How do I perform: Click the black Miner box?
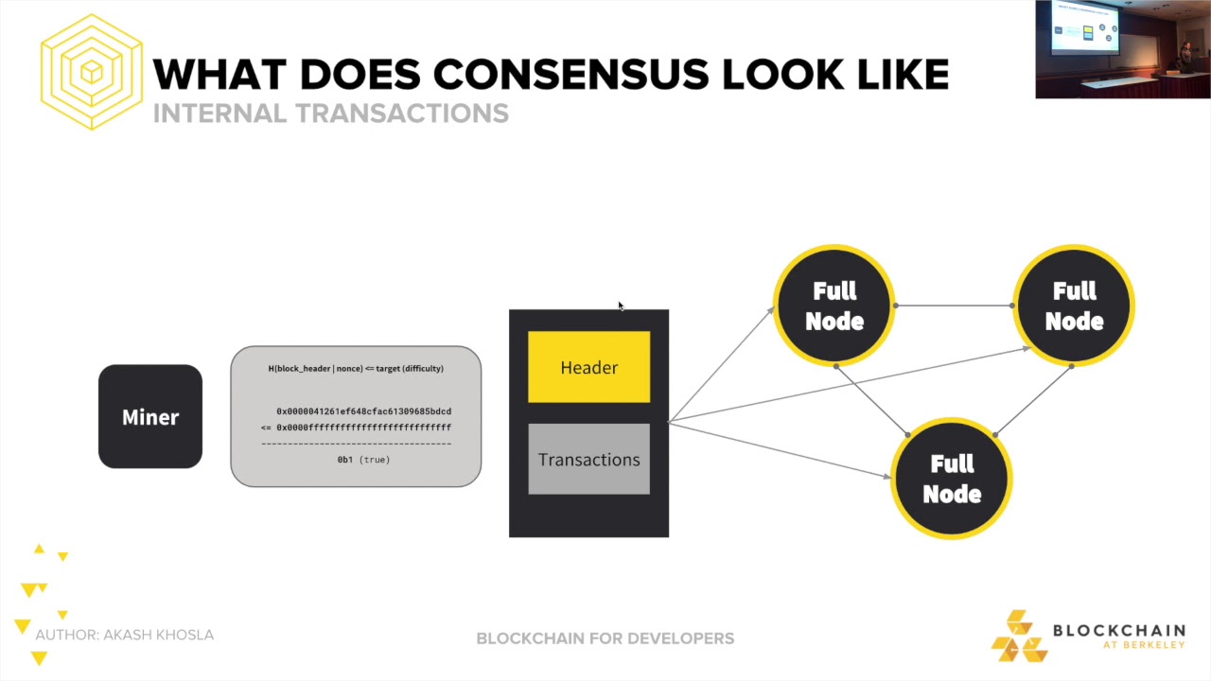point(150,417)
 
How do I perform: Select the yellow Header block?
point(588,367)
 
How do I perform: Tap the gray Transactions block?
point(588,460)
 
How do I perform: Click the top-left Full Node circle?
point(834,306)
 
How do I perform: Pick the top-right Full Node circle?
point(1074,306)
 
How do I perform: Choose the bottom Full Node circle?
point(952,479)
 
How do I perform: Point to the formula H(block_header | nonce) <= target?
point(356,369)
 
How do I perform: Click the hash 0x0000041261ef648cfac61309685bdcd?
point(363,411)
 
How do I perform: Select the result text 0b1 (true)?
point(363,460)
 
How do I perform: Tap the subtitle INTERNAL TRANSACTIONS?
point(330,113)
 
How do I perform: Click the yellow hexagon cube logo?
point(91,72)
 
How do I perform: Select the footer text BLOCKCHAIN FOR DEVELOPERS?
point(605,638)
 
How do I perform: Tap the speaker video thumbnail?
point(1122,49)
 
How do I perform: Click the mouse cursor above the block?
point(621,306)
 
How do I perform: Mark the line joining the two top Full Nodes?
point(954,306)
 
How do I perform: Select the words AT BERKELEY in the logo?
point(1143,646)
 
